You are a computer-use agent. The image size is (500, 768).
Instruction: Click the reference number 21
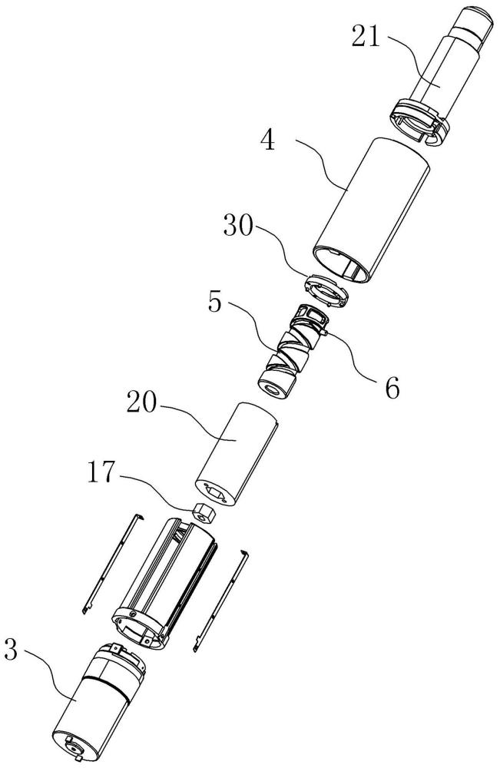coord(366,37)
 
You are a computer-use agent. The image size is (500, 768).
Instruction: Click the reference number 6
coord(392,389)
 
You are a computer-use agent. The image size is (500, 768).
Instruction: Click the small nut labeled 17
coord(202,511)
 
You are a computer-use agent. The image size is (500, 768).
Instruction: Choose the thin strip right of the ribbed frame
coord(223,599)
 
